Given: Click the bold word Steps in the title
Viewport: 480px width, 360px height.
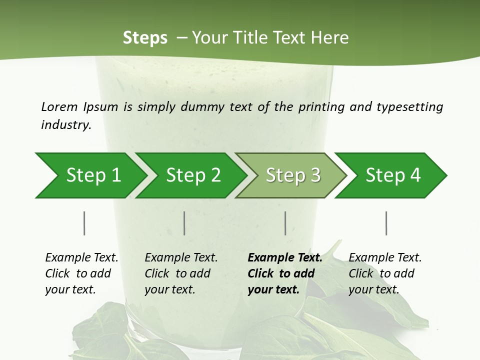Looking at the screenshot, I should [145, 38].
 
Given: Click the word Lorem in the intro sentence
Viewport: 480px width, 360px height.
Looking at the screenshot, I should [59, 107].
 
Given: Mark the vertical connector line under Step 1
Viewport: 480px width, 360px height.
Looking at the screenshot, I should [84, 223].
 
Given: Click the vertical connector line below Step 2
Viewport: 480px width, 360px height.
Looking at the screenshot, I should [184, 223].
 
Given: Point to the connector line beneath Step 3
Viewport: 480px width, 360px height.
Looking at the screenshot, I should [285, 223].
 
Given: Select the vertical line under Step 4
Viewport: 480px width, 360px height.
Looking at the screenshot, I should [386, 223].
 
